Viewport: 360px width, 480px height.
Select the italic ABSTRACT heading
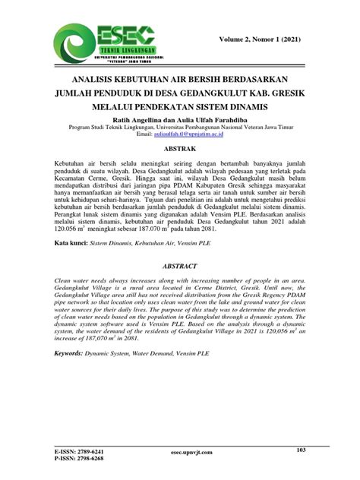pos(180,267)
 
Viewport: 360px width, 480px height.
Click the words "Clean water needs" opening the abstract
pos(81,280)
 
